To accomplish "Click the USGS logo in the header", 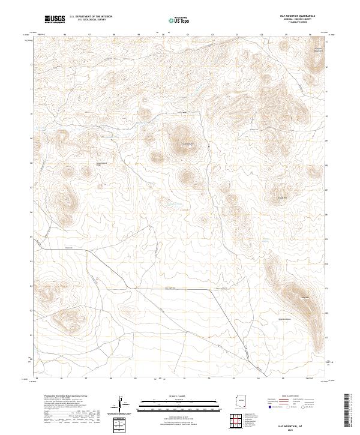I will [55, 19].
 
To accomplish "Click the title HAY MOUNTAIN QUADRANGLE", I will [298, 16].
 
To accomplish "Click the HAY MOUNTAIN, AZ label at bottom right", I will [298, 423].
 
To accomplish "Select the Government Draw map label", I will [103, 163].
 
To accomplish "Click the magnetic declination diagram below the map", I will [122, 405].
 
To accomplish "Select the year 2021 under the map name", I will [298, 428].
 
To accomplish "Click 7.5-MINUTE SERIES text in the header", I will [298, 23].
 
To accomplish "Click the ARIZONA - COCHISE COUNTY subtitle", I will [298, 19].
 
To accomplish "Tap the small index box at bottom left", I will [122, 425].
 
